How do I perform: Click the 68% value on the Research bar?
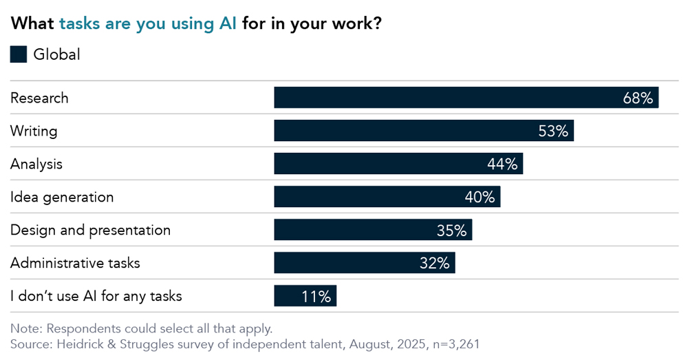(x=637, y=98)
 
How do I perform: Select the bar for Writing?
(x=423, y=131)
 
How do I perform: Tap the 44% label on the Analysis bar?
(x=502, y=164)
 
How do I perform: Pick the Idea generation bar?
(x=387, y=197)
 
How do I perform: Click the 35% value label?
(x=451, y=231)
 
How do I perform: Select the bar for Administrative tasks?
(x=364, y=263)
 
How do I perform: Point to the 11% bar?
(x=305, y=296)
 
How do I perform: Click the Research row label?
(x=39, y=98)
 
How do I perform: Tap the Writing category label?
(x=34, y=131)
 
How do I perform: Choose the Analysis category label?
(x=36, y=164)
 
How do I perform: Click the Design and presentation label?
(x=90, y=230)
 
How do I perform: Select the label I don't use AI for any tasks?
(x=96, y=297)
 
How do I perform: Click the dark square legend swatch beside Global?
(x=19, y=54)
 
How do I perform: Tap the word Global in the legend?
(x=56, y=54)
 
